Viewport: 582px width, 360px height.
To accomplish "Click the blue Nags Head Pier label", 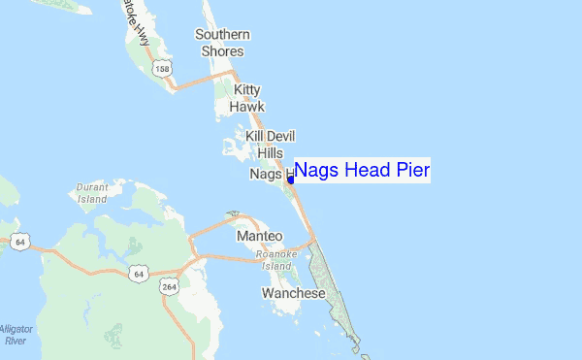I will click(x=361, y=171).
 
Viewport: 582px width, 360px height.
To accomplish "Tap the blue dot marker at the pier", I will click(x=291, y=180).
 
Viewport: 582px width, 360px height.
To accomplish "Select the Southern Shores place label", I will click(x=222, y=43).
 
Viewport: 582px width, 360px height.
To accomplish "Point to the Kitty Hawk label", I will click(x=247, y=96).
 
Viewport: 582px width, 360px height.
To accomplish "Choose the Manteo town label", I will click(x=259, y=236).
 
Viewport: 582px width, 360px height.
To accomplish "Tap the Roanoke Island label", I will click(x=274, y=260).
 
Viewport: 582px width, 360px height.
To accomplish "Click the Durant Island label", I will click(x=92, y=192).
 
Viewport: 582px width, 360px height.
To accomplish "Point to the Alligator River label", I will click(x=16, y=335).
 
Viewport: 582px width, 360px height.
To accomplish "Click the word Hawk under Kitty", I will click(x=247, y=106).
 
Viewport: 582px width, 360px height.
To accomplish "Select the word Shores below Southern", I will click(x=222, y=50).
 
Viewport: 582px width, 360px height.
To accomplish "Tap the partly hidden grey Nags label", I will click(x=265, y=174).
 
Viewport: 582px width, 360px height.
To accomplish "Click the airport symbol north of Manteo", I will click(x=233, y=213).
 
